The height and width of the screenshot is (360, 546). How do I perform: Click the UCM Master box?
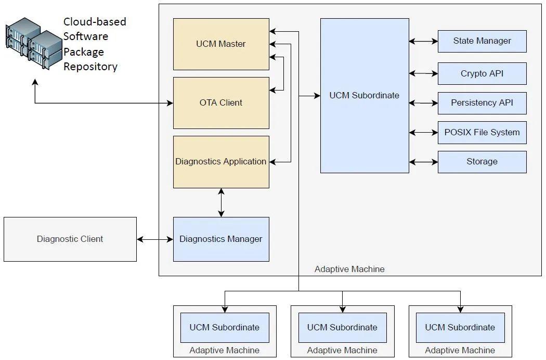coord(221,44)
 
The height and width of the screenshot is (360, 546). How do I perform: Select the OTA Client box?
coord(221,103)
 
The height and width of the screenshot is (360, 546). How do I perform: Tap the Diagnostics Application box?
coord(221,162)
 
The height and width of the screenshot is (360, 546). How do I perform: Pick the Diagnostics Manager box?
coord(221,239)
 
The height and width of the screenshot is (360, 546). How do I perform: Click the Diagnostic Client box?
coord(70,239)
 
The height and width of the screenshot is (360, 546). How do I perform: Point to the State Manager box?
coord(482,41)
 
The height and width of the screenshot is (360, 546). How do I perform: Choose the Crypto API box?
coord(482,74)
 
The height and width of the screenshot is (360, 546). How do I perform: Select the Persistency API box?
coord(482,103)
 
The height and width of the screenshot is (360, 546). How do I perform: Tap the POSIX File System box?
coord(482,133)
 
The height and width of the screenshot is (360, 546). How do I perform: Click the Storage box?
coord(482,162)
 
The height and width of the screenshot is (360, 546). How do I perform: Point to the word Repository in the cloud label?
coord(90,67)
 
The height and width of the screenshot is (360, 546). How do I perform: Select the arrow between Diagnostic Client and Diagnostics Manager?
coord(155,239)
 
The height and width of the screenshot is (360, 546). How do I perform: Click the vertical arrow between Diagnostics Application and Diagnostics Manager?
coord(222,202)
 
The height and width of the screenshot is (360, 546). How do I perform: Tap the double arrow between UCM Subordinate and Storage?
coord(423,162)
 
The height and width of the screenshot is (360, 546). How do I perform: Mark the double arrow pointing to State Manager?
coord(423,41)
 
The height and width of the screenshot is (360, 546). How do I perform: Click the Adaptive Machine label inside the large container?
coord(349,269)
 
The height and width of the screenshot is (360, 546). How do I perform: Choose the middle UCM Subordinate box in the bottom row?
coord(342,328)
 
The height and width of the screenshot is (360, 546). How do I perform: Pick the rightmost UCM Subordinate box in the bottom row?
coord(460,328)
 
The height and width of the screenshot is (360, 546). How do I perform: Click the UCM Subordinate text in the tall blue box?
coord(365,96)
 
